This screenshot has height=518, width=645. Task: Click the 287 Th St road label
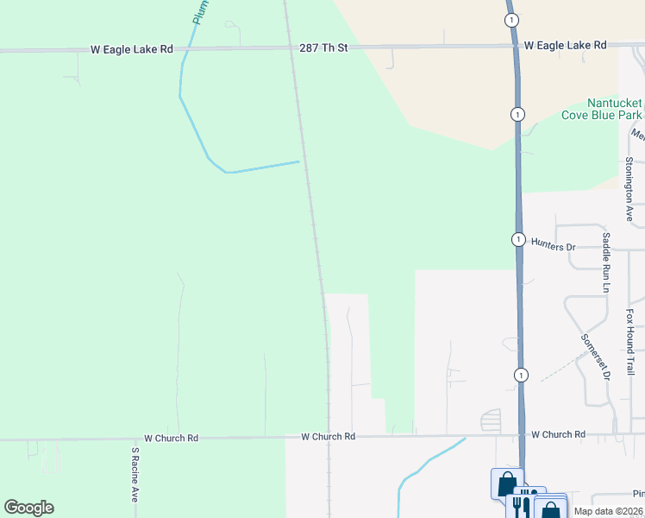click(x=323, y=47)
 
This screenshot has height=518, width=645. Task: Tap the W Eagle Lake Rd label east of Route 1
click(x=565, y=44)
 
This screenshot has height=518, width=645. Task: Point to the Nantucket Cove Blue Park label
click(x=601, y=109)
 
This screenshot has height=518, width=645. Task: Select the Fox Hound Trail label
click(x=630, y=342)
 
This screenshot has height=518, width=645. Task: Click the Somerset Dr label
click(x=596, y=357)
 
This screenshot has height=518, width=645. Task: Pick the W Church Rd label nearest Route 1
click(x=558, y=434)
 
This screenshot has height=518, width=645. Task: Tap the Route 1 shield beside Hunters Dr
click(x=518, y=239)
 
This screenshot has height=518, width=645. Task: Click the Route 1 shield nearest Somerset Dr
click(x=521, y=375)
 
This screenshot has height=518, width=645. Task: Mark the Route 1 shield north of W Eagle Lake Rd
click(x=512, y=20)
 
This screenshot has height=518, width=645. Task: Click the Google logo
click(x=28, y=508)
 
